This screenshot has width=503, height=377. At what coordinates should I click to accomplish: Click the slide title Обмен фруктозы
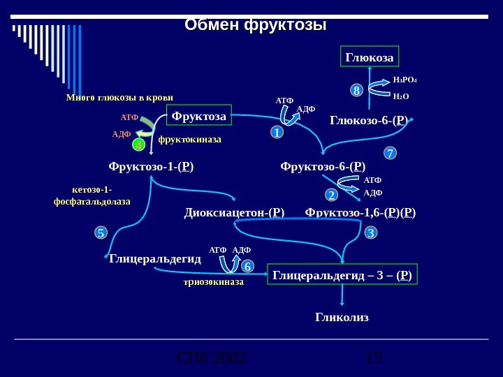click(x=256, y=25)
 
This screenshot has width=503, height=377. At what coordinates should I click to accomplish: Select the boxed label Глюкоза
click(x=369, y=57)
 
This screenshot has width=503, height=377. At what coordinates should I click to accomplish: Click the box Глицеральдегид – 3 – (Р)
click(x=342, y=276)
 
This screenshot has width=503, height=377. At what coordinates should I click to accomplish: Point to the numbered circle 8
click(x=356, y=91)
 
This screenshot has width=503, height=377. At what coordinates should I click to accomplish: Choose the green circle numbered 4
click(x=138, y=145)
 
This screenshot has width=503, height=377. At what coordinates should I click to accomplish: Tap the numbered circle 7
click(x=391, y=152)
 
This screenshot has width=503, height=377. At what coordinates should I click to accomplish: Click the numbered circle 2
click(x=332, y=194)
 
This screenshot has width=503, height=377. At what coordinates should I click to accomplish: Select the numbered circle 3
click(x=371, y=232)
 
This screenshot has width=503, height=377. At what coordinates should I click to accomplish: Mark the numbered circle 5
click(x=101, y=232)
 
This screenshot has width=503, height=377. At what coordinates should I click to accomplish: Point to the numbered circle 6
click(x=247, y=267)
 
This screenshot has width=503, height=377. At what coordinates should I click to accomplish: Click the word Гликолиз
click(x=342, y=318)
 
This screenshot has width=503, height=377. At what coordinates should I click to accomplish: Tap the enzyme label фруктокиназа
click(x=189, y=140)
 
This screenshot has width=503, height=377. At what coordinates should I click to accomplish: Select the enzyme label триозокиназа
click(x=213, y=283)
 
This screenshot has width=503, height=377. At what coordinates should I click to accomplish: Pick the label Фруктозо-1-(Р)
click(x=151, y=167)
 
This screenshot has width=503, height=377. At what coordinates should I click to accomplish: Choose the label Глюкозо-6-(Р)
click(x=369, y=121)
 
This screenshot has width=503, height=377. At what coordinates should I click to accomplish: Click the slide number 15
click(x=374, y=358)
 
